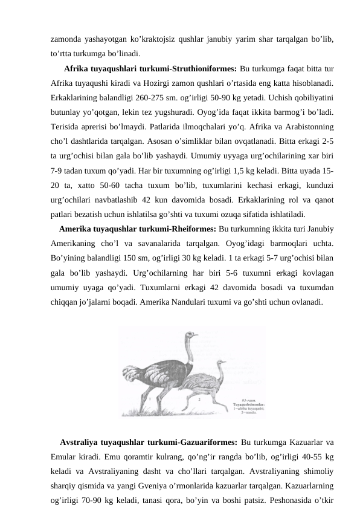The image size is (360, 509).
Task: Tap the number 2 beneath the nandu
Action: tap(199, 400)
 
